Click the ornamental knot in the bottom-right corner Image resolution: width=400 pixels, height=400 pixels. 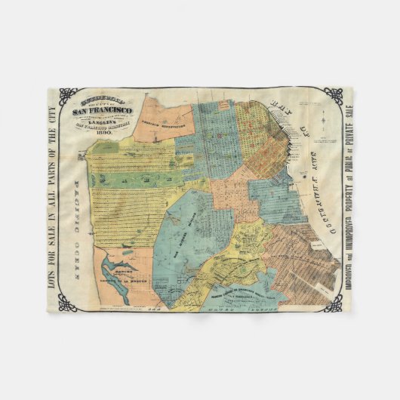coord(333,306)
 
